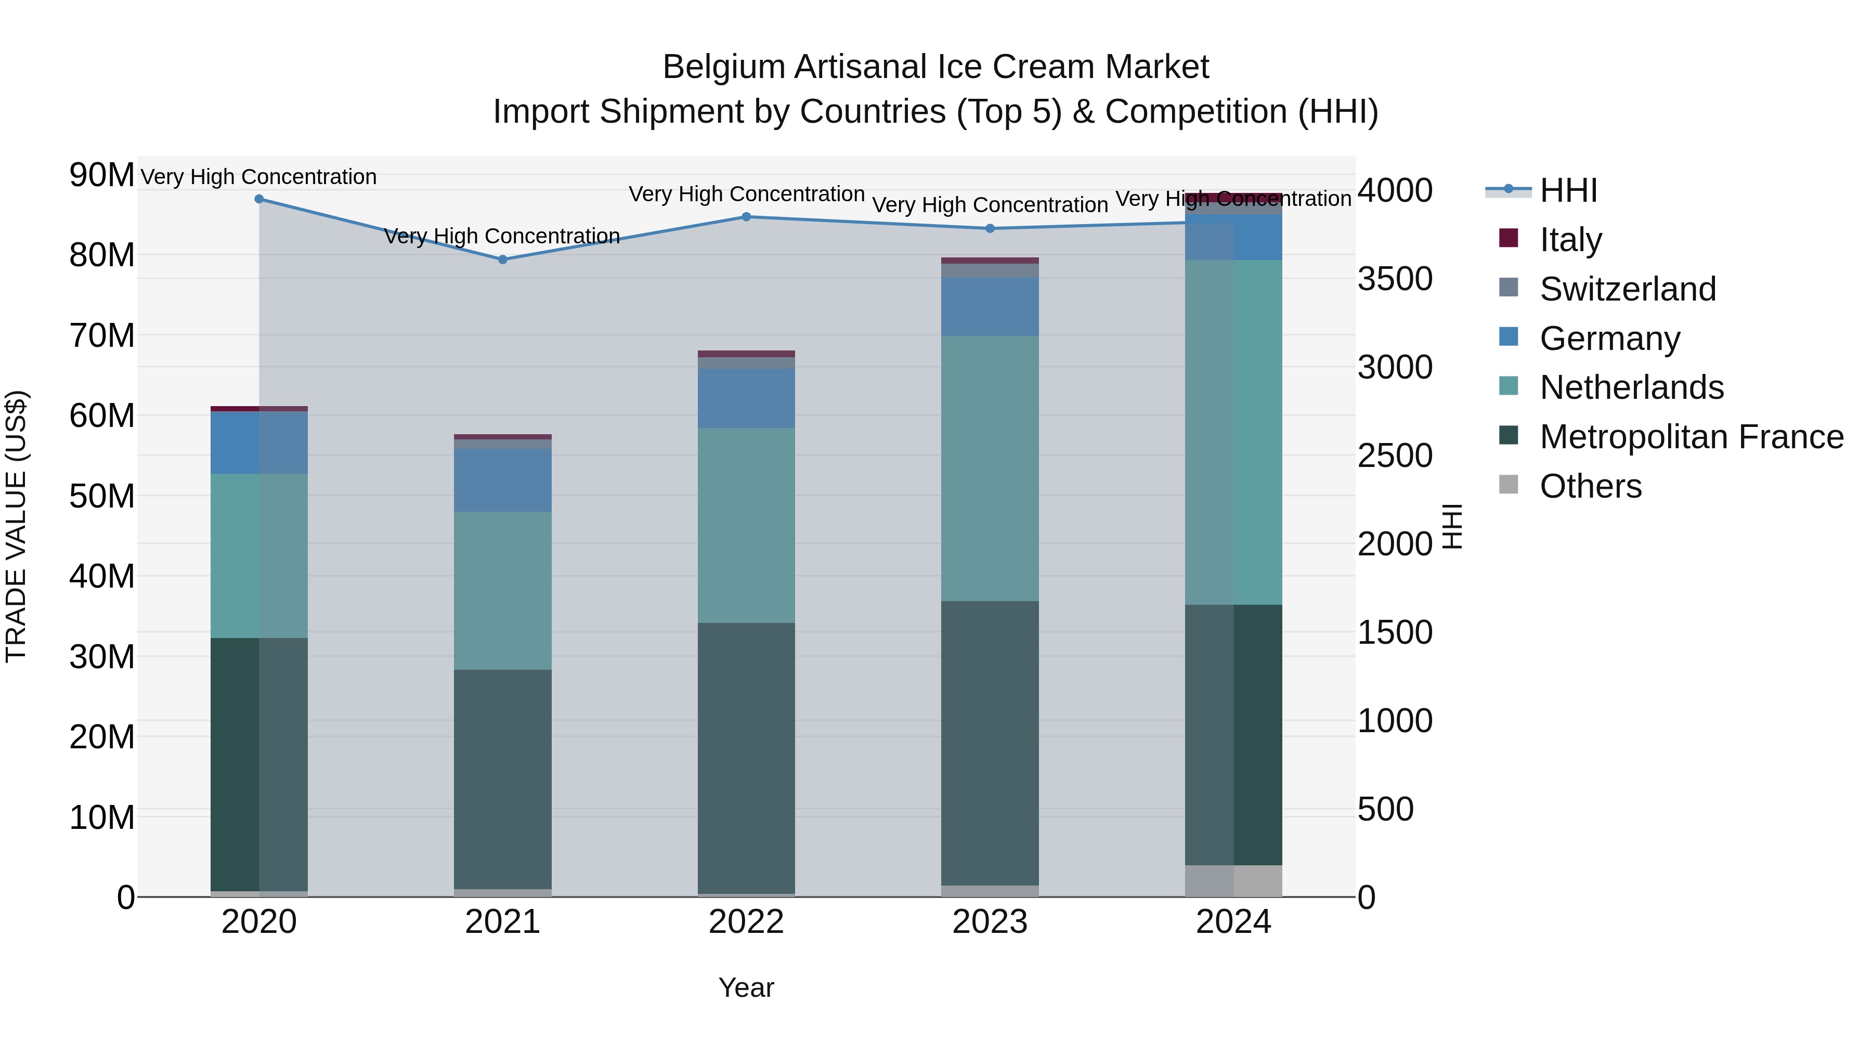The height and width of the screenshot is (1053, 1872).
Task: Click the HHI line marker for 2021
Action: tap(502, 259)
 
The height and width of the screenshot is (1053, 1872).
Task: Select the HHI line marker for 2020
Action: tap(259, 199)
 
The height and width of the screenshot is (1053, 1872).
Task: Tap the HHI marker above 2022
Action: tap(746, 216)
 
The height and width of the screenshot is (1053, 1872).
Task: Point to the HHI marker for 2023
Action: tap(990, 228)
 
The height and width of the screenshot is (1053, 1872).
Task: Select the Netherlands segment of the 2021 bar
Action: tap(502, 590)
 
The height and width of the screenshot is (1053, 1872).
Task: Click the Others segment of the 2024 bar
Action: tap(1233, 881)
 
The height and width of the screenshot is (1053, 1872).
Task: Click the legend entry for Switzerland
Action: tap(1627, 289)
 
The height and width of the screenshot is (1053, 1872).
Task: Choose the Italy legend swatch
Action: tap(1509, 238)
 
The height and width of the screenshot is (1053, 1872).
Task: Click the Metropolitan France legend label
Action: tap(1691, 437)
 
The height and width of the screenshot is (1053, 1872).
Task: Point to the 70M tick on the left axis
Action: tap(102, 336)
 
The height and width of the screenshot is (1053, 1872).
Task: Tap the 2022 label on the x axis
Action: tap(746, 922)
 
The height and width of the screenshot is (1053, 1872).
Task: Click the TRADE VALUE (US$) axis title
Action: tap(16, 526)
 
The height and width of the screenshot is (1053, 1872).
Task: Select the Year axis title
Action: tap(746, 987)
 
